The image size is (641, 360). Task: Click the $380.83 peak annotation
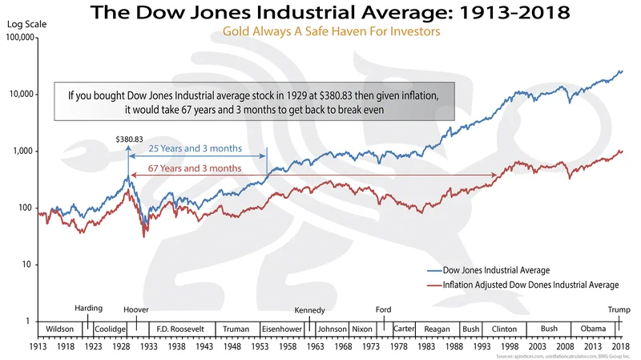(x=127, y=140)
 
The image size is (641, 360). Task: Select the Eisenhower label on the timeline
(x=281, y=329)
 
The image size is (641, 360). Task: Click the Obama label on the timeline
(x=592, y=329)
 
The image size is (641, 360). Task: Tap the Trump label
(x=617, y=309)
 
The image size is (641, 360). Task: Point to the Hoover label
(x=136, y=309)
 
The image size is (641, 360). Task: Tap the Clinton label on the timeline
(x=504, y=329)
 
